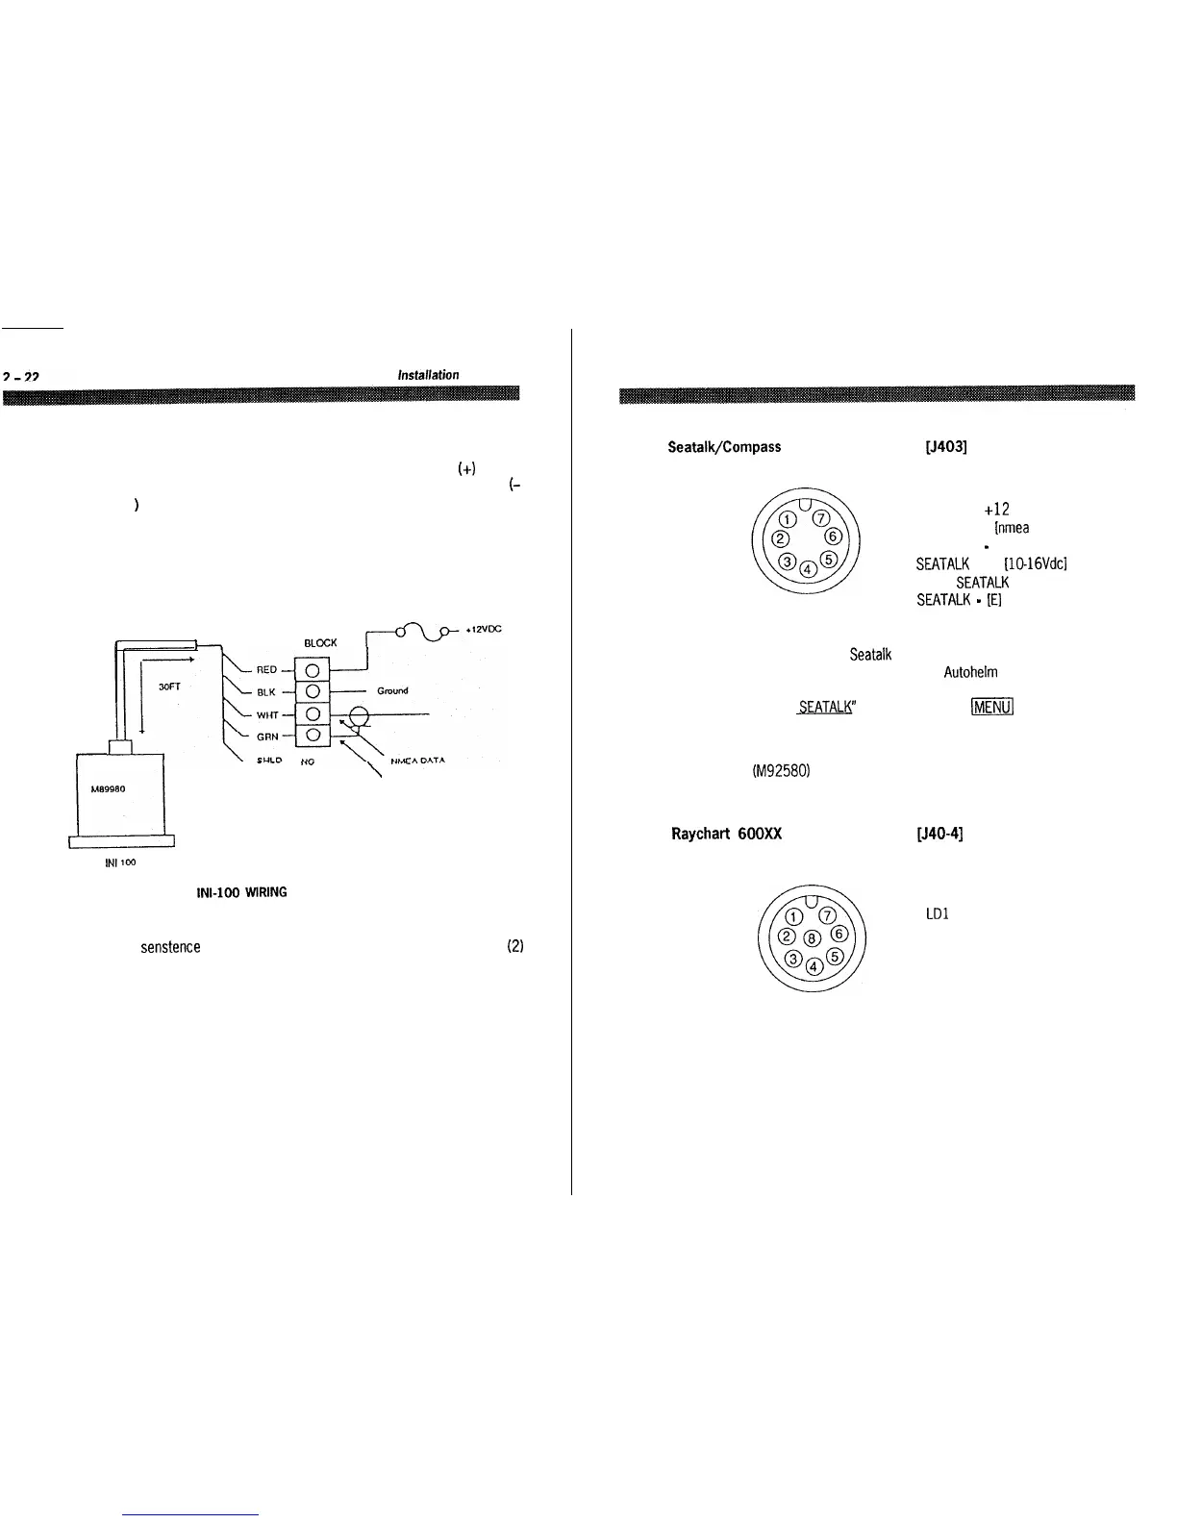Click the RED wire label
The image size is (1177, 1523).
coord(266,669)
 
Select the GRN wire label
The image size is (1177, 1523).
coord(267,737)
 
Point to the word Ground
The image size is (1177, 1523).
coord(392,690)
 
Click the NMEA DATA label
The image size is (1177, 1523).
coord(418,761)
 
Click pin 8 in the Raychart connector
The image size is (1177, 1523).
coord(813,937)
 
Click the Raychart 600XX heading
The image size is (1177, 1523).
coord(726,834)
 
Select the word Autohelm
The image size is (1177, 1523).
coord(970,673)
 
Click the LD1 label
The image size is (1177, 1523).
coord(938,913)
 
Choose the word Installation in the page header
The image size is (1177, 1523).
coord(428,375)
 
